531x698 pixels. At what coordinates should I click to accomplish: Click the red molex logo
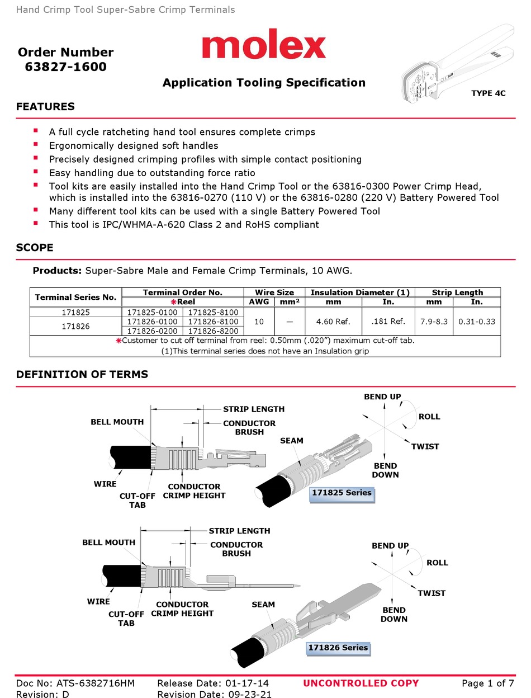(263, 44)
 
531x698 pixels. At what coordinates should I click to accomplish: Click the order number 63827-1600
(65, 67)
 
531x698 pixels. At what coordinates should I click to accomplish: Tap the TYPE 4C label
(488, 93)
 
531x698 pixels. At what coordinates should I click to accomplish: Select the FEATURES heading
(45, 107)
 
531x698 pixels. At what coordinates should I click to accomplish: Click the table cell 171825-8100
(213, 313)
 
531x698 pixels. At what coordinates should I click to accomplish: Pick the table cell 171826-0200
(152, 331)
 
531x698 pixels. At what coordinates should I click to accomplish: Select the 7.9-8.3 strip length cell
(433, 322)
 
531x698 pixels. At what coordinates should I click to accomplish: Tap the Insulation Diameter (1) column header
(359, 293)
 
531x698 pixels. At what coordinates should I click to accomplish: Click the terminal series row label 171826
(75, 326)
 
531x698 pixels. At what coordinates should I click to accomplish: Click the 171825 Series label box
(341, 493)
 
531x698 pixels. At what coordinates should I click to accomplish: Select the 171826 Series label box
(338, 648)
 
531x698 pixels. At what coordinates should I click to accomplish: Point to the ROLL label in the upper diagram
(429, 417)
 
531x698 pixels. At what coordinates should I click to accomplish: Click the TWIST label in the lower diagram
(432, 593)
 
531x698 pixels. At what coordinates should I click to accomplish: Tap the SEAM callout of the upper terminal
(291, 441)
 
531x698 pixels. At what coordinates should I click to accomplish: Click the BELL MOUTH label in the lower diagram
(108, 543)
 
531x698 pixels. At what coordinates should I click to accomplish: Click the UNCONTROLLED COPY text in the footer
(361, 683)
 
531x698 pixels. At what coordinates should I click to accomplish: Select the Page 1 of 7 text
(487, 683)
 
